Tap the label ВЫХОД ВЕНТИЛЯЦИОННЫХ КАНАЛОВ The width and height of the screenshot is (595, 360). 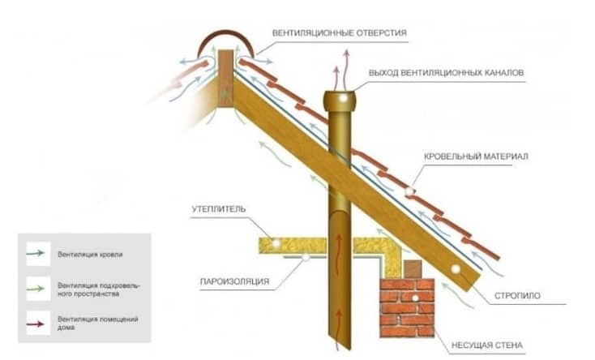446,73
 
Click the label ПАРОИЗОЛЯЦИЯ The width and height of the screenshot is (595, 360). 234,283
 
